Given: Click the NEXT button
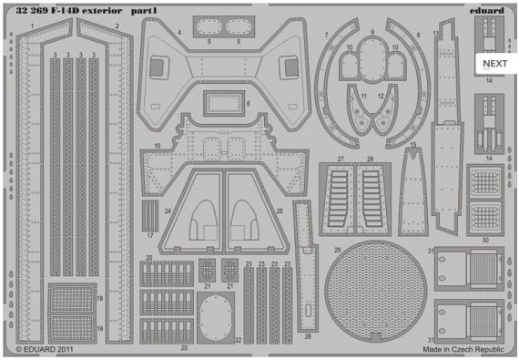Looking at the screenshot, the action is [494, 63].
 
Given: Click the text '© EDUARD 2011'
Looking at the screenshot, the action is [46, 349].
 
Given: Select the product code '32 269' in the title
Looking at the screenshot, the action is [31, 11].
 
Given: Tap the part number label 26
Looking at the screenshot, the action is [308, 336].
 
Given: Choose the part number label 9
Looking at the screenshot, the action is [372, 32].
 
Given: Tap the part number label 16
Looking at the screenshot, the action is [158, 145].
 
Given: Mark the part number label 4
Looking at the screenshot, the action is [179, 32].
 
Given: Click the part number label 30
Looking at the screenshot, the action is [485, 240].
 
